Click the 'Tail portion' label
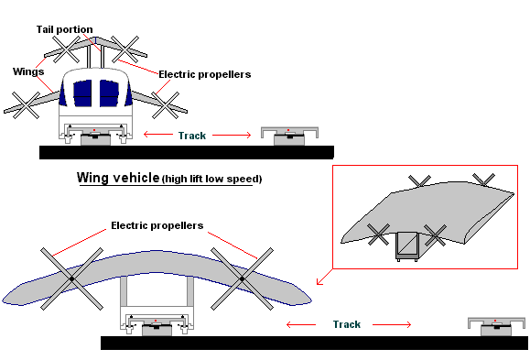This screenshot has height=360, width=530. click(65, 30)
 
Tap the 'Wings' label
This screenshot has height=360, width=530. click(28, 71)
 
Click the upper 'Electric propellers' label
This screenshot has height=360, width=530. click(205, 74)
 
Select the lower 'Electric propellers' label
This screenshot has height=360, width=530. click(157, 225)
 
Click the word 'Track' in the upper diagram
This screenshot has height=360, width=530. click(192, 136)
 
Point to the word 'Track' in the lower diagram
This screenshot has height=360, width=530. click(347, 324)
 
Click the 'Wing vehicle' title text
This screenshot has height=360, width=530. click(118, 178)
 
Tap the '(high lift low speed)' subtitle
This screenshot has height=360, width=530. click(212, 179)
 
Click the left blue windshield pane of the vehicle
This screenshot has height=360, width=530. click(82, 93)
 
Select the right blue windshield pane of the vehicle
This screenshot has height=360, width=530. click(109, 93)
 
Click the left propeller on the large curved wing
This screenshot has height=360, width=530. click(71, 278)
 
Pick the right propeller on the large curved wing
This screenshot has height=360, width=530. click(242, 278)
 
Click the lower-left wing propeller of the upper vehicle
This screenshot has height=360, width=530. click(26, 105)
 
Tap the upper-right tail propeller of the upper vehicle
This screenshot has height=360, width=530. click(125, 49)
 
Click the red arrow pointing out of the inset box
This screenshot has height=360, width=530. click(324, 277)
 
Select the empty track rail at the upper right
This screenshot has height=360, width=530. click(289, 136)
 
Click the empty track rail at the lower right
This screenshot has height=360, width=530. click(496, 326)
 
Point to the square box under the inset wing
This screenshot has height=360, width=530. click(407, 246)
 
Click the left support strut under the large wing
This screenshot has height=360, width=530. click(124, 291)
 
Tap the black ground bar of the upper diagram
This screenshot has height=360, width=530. click(187, 152)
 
